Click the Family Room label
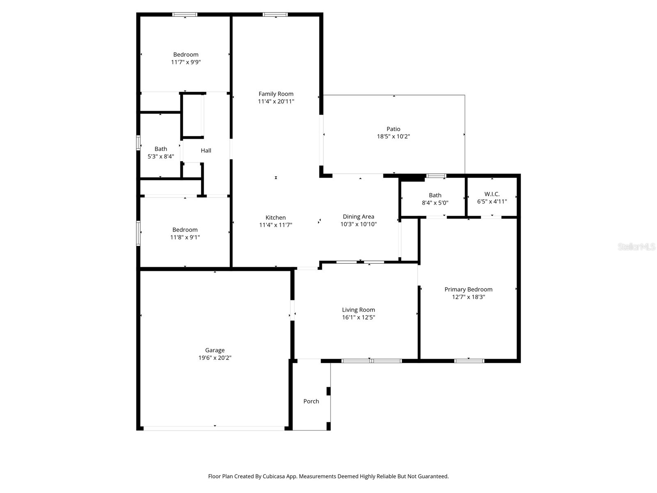click(276, 94)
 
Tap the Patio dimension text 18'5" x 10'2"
click(393, 136)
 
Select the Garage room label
click(215, 350)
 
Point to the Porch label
click(311, 401)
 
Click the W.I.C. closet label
click(492, 194)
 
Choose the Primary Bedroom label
click(468, 289)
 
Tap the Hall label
click(206, 150)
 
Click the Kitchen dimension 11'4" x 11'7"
click(276, 225)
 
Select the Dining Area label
click(358, 217)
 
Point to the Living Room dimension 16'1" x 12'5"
click(358, 317)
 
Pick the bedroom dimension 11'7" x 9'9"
click(186, 62)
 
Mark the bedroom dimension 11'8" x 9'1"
click(185, 237)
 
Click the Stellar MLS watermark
click(636, 246)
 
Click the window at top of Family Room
click(275, 15)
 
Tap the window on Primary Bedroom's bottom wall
click(469, 361)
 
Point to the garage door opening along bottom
click(214, 428)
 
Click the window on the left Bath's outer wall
click(138, 143)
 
